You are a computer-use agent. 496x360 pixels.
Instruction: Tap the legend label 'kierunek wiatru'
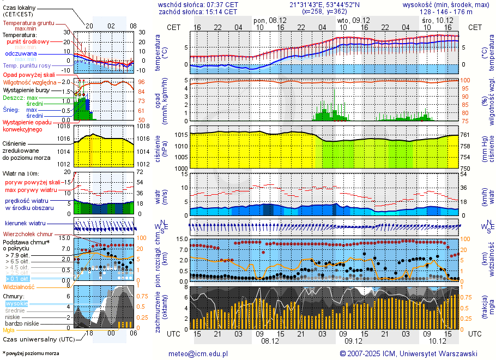25,224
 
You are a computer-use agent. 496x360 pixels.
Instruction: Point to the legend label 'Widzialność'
19,286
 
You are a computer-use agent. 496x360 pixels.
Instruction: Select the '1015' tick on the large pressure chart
181,135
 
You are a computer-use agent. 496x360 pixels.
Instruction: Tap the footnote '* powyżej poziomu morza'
31,353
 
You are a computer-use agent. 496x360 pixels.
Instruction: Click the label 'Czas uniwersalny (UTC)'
39,339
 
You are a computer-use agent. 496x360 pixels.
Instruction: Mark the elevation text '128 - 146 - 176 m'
446,11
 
